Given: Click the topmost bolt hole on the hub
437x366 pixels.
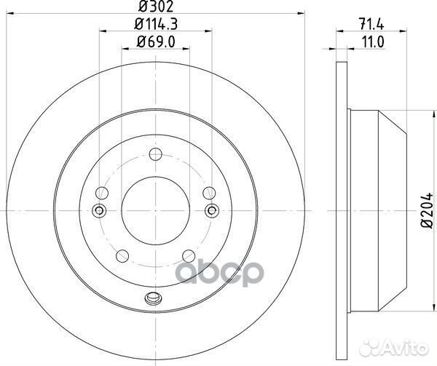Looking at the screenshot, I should coord(155,154).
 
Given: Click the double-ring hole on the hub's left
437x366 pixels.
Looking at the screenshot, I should coord(99,211).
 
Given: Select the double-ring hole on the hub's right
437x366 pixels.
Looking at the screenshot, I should coord(212,211).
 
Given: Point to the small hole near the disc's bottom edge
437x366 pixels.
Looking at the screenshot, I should coord(153,297).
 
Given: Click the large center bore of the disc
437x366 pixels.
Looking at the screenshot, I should coord(155,211).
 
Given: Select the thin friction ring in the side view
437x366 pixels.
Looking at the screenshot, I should coord(342,211).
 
